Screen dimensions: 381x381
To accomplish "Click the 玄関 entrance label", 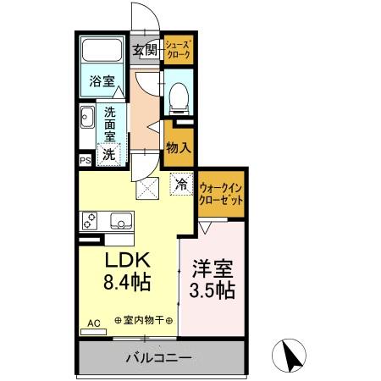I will click(x=145, y=50).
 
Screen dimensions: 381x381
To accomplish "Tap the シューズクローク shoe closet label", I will click(x=178, y=49).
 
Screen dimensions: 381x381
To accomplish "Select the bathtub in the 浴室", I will click(x=103, y=55).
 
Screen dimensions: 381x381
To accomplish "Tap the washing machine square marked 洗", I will click(x=108, y=154).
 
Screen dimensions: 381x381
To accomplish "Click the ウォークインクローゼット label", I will click(x=221, y=191).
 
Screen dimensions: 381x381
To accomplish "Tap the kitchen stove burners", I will click(x=91, y=221).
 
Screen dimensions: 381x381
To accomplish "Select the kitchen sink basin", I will click(x=119, y=221).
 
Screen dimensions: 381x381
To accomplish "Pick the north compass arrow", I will click(x=293, y=355).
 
